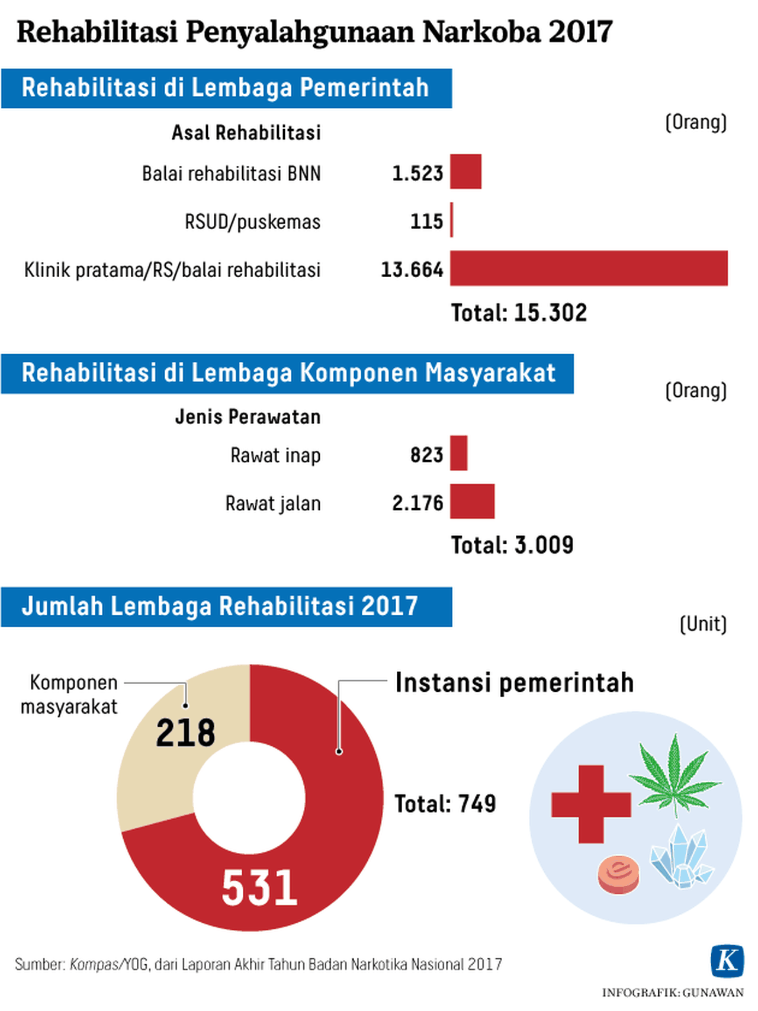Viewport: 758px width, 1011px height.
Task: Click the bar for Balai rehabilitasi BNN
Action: click(x=465, y=172)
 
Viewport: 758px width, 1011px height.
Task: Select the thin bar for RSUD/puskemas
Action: click(x=452, y=220)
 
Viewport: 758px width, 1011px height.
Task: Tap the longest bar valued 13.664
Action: click(x=589, y=268)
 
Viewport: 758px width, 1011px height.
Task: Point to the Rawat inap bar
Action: click(x=459, y=453)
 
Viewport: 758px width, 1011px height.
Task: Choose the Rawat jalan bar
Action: click(x=472, y=502)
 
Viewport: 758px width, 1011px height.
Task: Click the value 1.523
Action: click(x=417, y=173)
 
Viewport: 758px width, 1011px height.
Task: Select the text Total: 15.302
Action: click(x=519, y=313)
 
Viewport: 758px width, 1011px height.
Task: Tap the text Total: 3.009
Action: click(x=512, y=545)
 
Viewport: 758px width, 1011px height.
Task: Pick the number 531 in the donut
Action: click(x=259, y=888)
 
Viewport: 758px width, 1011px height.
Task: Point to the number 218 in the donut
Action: click(x=185, y=733)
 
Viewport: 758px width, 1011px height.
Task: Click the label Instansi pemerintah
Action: click(x=514, y=683)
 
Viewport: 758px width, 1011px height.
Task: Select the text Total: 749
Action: click(x=445, y=804)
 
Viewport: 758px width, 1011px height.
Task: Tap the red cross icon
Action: click(x=591, y=804)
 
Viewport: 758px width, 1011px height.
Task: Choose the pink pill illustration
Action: click(x=619, y=874)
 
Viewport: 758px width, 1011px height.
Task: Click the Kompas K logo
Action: click(x=727, y=960)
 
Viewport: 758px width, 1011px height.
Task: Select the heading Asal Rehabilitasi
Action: click(x=246, y=133)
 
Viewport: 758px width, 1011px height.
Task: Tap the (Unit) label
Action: click(x=703, y=624)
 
